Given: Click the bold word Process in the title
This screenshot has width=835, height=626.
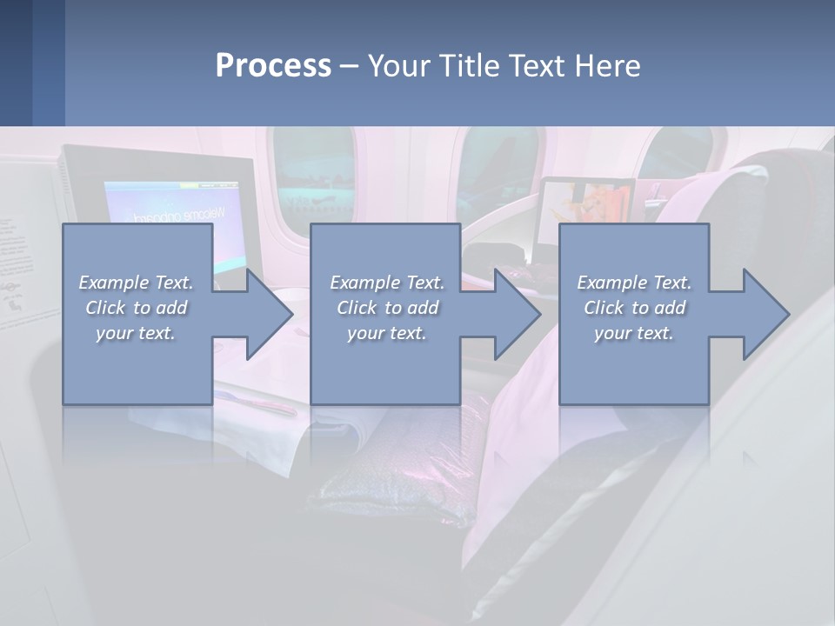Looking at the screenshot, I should click(x=273, y=66).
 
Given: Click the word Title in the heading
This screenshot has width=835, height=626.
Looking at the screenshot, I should click(x=467, y=66).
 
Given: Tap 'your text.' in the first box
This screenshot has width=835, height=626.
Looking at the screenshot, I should click(x=136, y=333).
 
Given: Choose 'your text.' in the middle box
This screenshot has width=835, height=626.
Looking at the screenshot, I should click(x=387, y=333).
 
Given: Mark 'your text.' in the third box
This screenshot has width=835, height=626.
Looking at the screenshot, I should click(x=634, y=333).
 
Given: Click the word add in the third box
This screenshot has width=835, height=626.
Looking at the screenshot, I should click(x=670, y=308).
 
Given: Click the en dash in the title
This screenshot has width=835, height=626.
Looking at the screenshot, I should click(x=349, y=67).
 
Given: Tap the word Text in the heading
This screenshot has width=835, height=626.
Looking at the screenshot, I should click(x=534, y=66).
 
